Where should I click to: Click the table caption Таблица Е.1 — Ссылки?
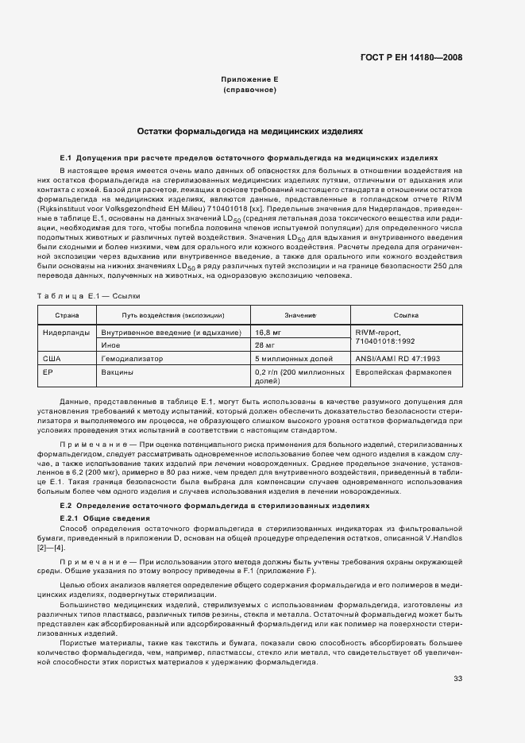(89, 295)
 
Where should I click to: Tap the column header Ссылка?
(406, 315)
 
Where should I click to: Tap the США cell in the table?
(52, 359)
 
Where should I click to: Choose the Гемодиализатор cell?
(132, 359)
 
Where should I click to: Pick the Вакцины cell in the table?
(116, 371)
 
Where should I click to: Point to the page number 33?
(457, 678)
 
